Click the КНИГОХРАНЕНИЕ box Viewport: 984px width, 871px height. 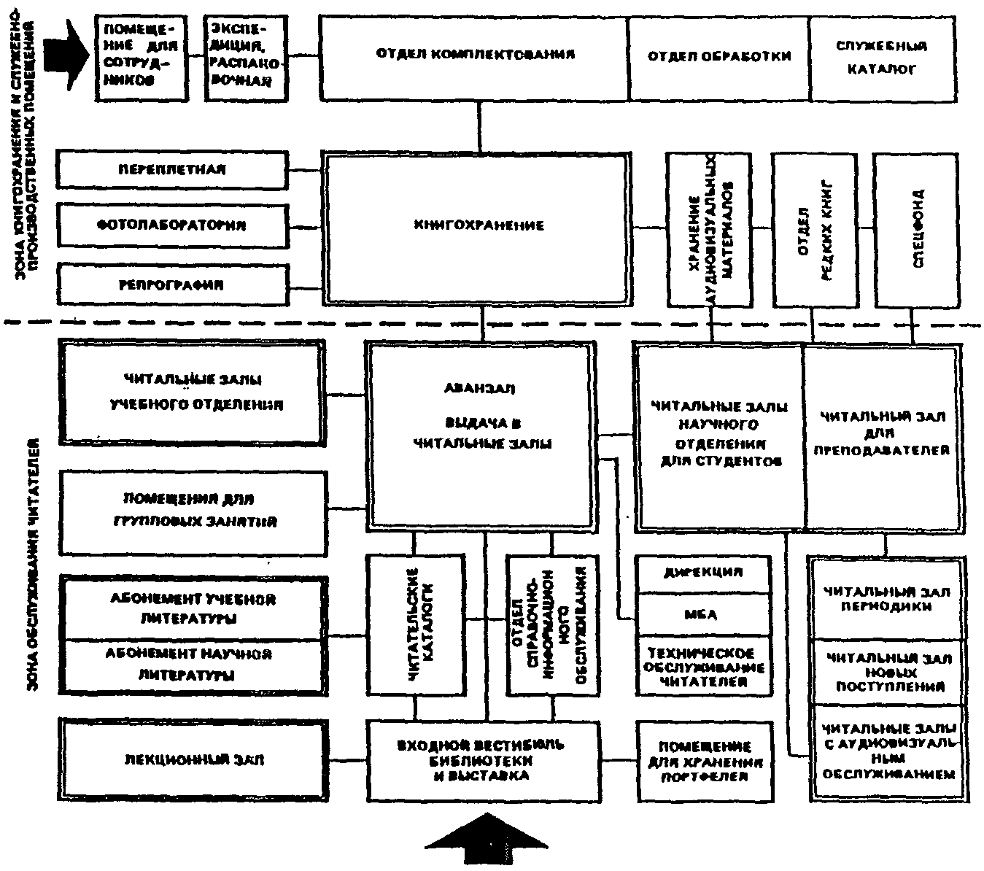tap(479, 227)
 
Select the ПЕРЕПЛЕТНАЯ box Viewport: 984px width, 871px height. tap(172, 169)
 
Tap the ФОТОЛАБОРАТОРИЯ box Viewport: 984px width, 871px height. tap(172, 225)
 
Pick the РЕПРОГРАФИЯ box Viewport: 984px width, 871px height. tap(172, 284)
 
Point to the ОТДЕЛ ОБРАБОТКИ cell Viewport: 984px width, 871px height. tap(718, 56)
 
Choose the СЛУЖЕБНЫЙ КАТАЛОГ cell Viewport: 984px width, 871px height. tap(881, 58)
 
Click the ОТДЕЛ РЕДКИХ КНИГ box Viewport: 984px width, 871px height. tap(814, 229)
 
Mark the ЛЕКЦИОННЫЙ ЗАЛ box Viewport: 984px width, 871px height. tap(191, 759)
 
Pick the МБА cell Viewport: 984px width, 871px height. tap(702, 614)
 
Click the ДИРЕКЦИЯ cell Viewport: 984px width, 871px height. tap(702, 573)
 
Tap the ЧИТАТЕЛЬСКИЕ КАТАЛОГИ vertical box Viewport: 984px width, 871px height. tap(416, 624)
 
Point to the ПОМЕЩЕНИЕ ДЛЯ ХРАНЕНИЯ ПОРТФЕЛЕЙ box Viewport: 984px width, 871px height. tap(704, 761)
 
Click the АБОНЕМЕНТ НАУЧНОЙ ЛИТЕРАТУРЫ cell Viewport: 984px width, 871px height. tap(191, 665)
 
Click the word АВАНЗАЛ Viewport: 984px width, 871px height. tap(479, 389)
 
